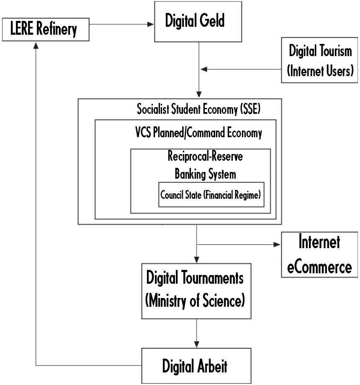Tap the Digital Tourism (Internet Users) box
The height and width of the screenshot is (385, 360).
[320, 61]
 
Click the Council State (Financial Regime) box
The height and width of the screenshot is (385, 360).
[211, 195]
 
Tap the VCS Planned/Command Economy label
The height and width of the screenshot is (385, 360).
[196, 133]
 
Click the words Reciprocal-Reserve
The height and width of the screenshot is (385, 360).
[205, 158]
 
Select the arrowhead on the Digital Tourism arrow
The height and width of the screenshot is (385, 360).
[203, 69]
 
